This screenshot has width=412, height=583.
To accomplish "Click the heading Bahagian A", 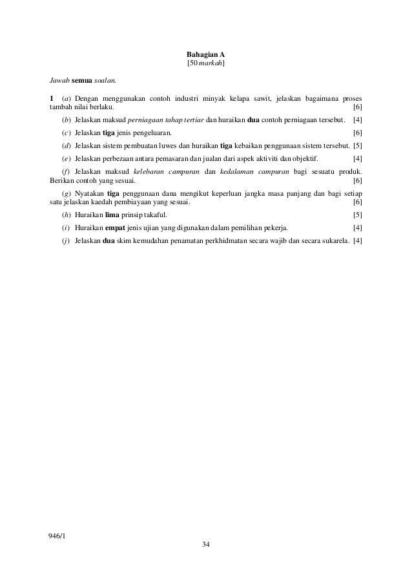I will (x=205, y=54).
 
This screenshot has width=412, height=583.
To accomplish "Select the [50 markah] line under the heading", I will (x=205, y=65).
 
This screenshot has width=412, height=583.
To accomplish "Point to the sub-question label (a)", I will (x=65, y=98).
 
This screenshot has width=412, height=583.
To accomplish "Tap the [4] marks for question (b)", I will (x=358, y=121).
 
